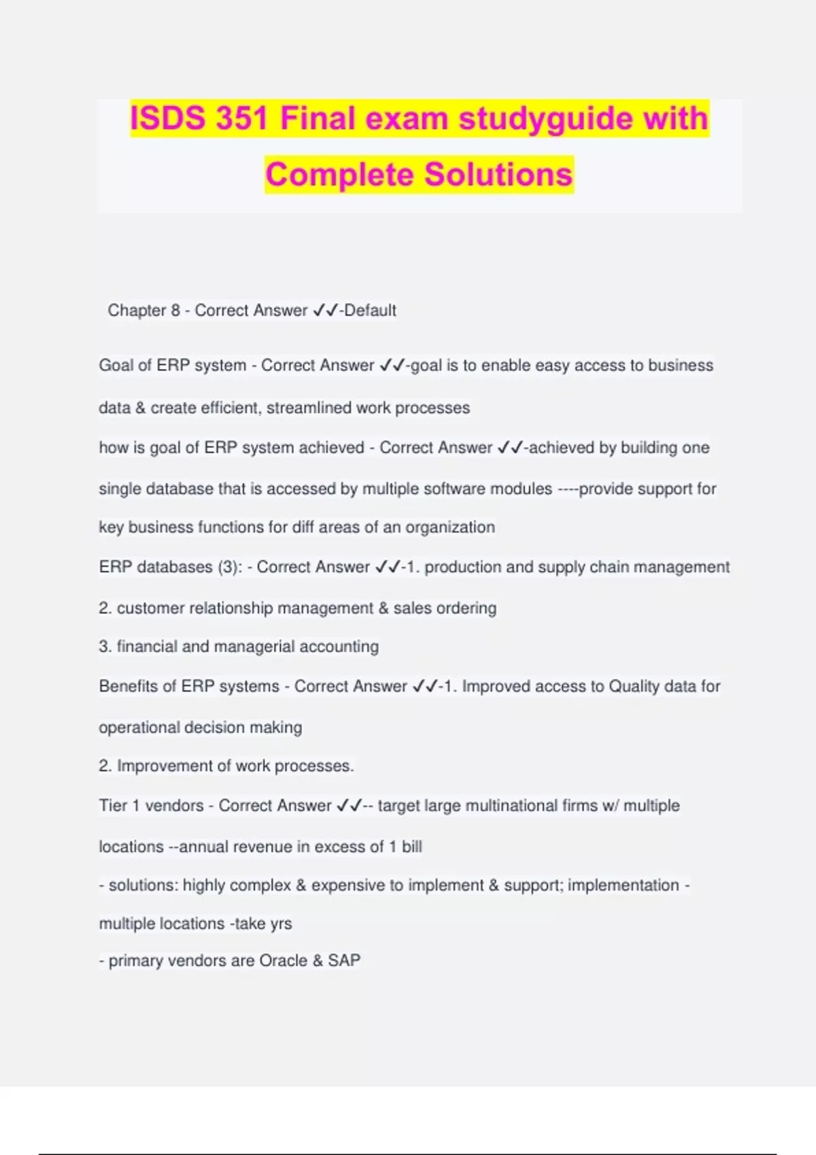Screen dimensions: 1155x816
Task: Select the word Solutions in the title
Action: tap(498, 175)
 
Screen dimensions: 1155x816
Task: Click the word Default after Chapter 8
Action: tap(371, 310)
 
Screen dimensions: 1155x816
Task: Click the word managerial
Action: tap(254, 646)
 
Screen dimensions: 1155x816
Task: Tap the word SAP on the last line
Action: tap(344, 961)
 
